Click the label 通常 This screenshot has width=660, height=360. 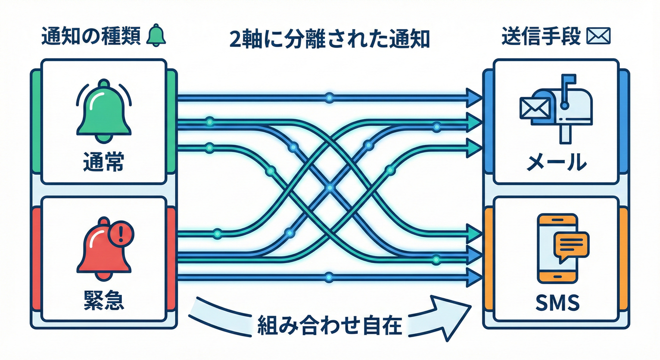click(x=103, y=163)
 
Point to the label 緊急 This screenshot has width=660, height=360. click(x=103, y=300)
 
